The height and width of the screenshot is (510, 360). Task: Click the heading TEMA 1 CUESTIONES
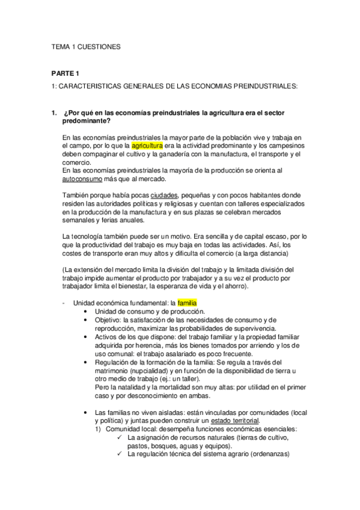point(86,46)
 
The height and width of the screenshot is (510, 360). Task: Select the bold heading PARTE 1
point(65,73)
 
